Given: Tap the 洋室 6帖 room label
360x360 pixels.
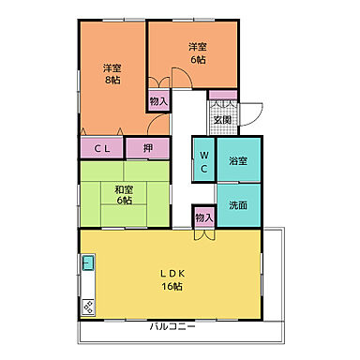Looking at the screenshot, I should [x=196, y=52].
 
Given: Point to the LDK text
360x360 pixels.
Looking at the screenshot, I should [x=169, y=275].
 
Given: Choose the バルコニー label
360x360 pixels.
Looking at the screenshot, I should [x=172, y=327].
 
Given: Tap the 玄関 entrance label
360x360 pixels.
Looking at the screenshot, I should [x=222, y=119].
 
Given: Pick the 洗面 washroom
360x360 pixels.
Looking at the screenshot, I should [x=238, y=204].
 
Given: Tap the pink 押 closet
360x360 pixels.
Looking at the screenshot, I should [x=148, y=148].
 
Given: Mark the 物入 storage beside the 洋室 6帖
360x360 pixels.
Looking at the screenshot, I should [x=157, y=100].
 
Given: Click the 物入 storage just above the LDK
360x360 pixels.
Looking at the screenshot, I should [x=203, y=217].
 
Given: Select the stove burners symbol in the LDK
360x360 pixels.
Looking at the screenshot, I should [x=87, y=305].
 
